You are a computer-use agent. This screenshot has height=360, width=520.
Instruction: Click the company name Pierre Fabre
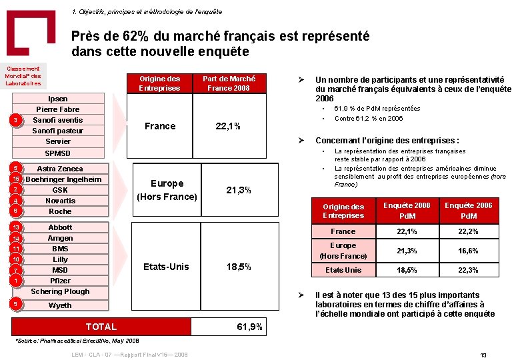coord(58,109)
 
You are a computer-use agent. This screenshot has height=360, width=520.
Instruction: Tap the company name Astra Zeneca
coord(60,169)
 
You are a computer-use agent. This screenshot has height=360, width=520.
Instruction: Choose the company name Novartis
coord(60,201)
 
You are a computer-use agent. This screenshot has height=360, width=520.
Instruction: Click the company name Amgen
coord(60,238)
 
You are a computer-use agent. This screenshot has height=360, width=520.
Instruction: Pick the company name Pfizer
coord(60,281)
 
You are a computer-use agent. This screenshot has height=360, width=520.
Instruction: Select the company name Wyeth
coord(60,305)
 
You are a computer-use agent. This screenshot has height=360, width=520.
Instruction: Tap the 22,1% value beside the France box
coord(227,127)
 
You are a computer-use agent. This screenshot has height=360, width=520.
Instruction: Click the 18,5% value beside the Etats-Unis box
coord(239,267)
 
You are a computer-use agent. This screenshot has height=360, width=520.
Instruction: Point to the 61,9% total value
coord(250,327)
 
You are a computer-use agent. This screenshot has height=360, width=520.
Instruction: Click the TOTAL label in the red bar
coord(101,327)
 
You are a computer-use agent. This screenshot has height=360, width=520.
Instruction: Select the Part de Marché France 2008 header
coord(229,83)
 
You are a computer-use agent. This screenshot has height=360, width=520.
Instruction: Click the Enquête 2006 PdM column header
coord(469,210)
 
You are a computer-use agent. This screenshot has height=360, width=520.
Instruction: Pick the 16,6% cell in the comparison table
coord(469,251)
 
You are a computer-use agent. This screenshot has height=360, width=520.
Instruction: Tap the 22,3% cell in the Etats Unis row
coord(469,270)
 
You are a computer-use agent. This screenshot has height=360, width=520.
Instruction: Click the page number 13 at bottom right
coord(484,355)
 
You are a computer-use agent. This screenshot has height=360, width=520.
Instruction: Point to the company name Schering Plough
coord(60,291)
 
